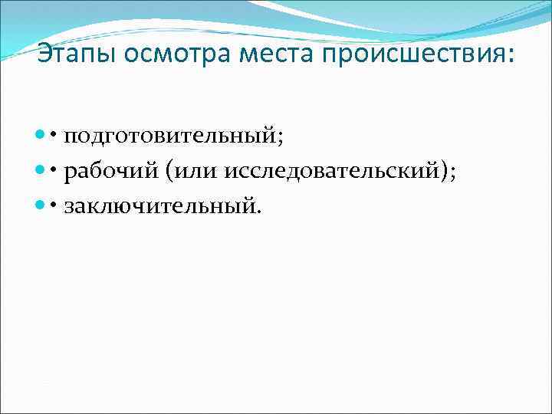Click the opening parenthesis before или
168,171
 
